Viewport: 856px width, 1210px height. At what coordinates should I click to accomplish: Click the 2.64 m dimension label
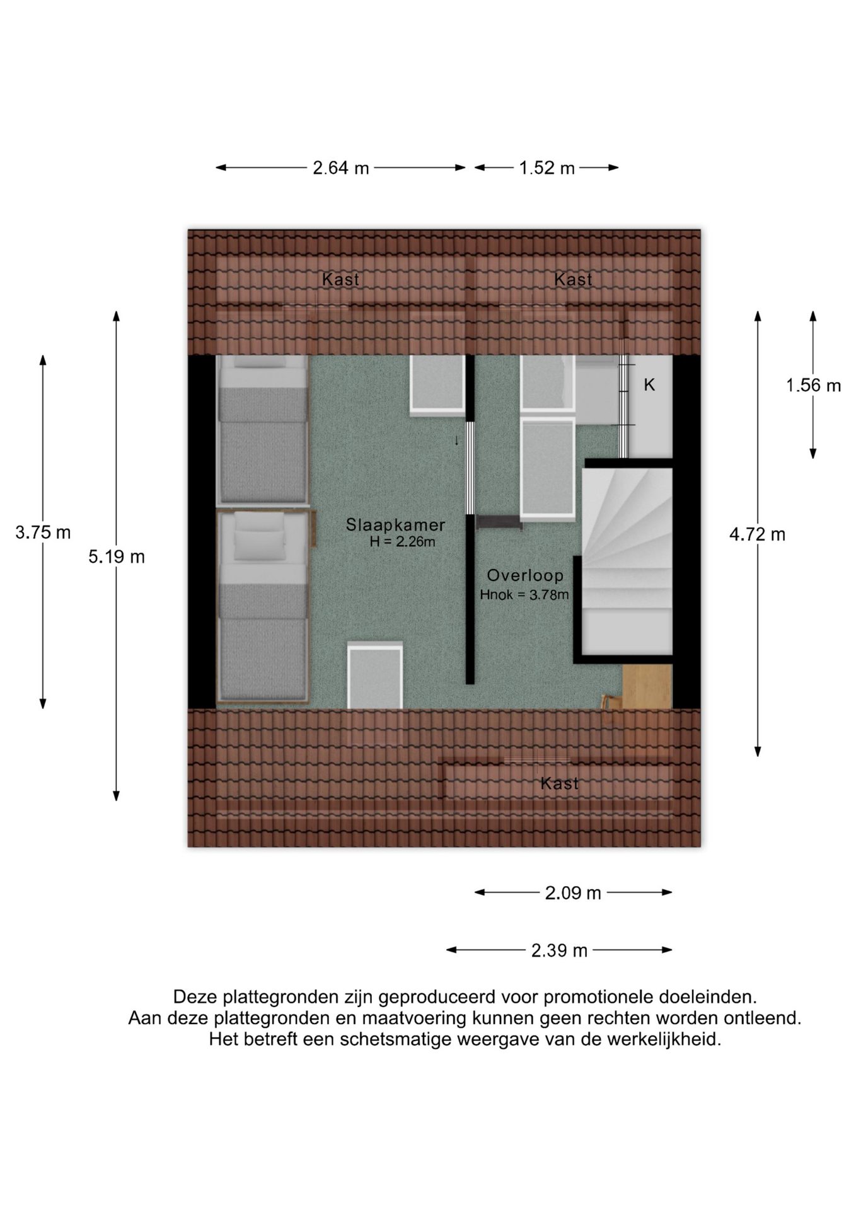point(341,168)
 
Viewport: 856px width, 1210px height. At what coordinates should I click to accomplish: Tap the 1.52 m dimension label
point(547,168)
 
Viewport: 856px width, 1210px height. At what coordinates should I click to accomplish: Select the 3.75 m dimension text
point(43,533)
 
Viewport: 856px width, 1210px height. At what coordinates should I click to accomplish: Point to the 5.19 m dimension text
point(117,556)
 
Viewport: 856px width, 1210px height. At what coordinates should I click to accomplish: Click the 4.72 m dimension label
point(757,534)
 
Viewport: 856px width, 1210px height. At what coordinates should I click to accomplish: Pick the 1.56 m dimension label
point(813,385)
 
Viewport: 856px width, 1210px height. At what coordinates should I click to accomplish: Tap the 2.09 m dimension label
point(573,893)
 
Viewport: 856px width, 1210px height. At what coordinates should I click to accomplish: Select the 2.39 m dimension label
point(559,950)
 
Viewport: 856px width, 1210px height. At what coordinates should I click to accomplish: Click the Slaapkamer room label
point(396,525)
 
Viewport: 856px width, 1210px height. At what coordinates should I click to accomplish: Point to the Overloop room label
point(525,575)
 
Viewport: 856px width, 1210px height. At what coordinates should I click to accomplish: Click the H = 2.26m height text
point(402,541)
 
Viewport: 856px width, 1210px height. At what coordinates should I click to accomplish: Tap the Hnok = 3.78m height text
point(524,594)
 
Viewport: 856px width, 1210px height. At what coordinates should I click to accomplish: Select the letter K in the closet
point(649,384)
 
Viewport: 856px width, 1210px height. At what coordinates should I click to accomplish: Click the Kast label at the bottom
point(559,783)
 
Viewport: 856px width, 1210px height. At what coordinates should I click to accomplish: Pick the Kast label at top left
point(340,279)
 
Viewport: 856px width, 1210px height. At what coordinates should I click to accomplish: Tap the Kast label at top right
point(573,279)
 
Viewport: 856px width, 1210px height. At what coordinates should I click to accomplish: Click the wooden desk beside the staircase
point(647,686)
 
